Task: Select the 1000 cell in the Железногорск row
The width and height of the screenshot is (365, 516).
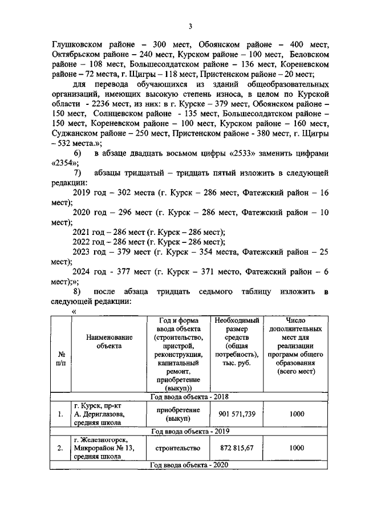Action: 297,448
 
